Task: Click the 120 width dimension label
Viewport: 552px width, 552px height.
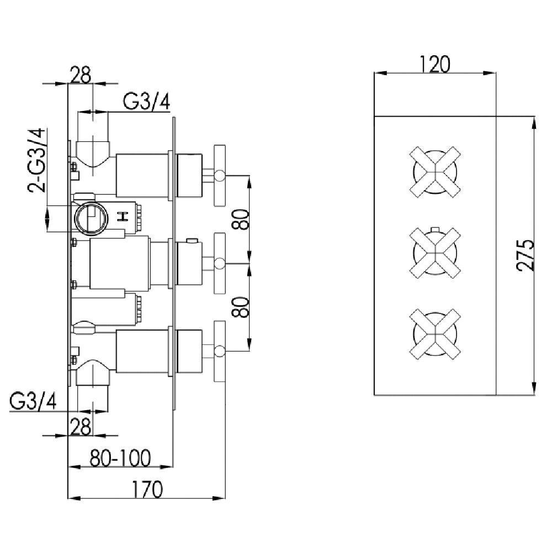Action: click(436, 64)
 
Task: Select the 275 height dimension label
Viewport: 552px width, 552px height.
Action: click(528, 255)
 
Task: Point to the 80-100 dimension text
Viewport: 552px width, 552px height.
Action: click(120, 458)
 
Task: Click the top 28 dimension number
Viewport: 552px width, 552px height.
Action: click(81, 75)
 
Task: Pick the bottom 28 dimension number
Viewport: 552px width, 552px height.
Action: click(81, 426)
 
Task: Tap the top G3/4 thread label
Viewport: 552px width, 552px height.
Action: click(146, 102)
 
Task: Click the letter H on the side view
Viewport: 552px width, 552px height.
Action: click(125, 216)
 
